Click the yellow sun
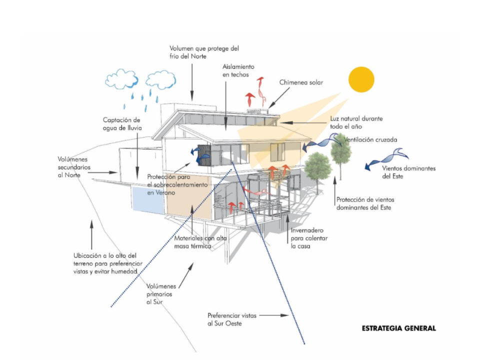(x=361, y=79)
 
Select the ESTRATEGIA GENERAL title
(x=398, y=328)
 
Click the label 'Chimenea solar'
(x=301, y=82)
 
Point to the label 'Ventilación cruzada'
(x=370, y=139)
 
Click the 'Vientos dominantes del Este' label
(x=408, y=172)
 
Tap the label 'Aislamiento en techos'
(x=238, y=70)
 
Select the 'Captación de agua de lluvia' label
(x=122, y=124)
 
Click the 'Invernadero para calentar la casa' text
(x=309, y=238)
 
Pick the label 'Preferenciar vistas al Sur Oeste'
(x=231, y=319)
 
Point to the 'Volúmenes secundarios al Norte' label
(x=74, y=167)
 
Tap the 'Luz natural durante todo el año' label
(x=356, y=122)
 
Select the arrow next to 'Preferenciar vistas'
(x=274, y=315)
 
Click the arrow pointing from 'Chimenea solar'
(x=279, y=97)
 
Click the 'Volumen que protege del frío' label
(x=204, y=52)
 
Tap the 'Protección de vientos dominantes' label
(x=365, y=203)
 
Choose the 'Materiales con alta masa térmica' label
(x=200, y=242)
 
